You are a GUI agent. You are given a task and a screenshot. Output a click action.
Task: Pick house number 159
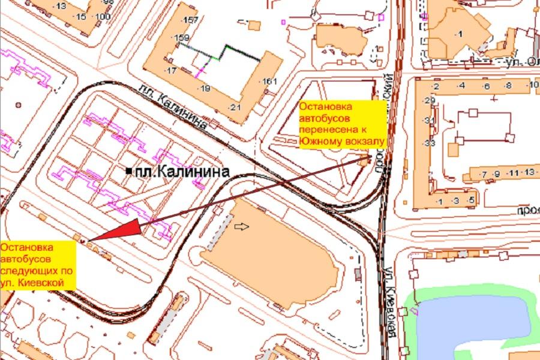[181, 38]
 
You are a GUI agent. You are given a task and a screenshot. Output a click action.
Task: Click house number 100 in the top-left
[102, 16]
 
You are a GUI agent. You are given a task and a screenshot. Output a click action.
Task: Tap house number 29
[428, 100]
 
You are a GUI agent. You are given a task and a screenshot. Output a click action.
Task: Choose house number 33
[428, 143]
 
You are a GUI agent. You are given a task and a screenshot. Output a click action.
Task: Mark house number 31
[428, 121]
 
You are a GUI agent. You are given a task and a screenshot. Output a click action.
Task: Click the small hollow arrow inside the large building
[241, 226]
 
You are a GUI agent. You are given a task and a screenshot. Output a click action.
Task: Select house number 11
[512, 173]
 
